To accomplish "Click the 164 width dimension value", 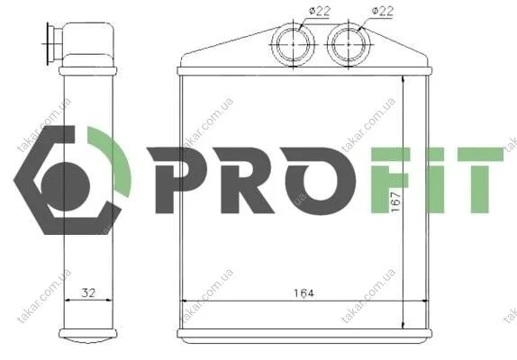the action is tap(304, 292).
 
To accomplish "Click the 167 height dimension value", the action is tap(395, 202).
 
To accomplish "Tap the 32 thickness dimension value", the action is tap(88, 292).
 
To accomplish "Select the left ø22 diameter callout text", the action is tap(320, 11).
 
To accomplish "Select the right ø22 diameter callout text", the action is tap(383, 11).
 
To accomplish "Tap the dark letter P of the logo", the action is tap(177, 180).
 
